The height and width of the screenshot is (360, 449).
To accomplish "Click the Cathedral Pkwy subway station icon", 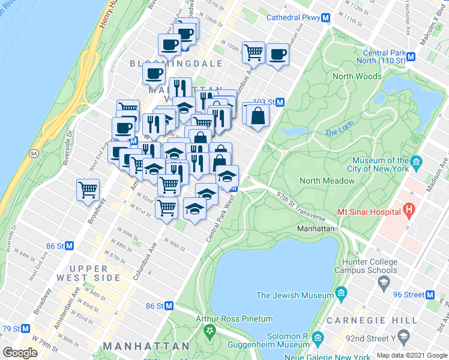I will (325, 19).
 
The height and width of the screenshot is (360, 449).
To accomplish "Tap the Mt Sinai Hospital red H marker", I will (409, 211).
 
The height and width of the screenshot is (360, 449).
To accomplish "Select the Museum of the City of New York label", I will (381, 166).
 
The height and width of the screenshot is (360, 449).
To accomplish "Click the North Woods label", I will (357, 76).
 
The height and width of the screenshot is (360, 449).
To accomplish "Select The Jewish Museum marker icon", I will (342, 295).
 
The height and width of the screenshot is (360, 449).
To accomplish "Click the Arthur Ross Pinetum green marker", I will (209, 331).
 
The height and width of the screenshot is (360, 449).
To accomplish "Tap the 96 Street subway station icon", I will (430, 295).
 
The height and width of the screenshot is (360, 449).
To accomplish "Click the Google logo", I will (20, 353).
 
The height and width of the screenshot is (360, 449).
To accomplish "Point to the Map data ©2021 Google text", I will (411, 355).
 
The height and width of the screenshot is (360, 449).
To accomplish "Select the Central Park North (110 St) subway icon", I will (411, 57).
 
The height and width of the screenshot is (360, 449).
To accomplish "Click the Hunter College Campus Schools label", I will (369, 266).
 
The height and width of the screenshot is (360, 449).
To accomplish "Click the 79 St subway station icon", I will (25, 329).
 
